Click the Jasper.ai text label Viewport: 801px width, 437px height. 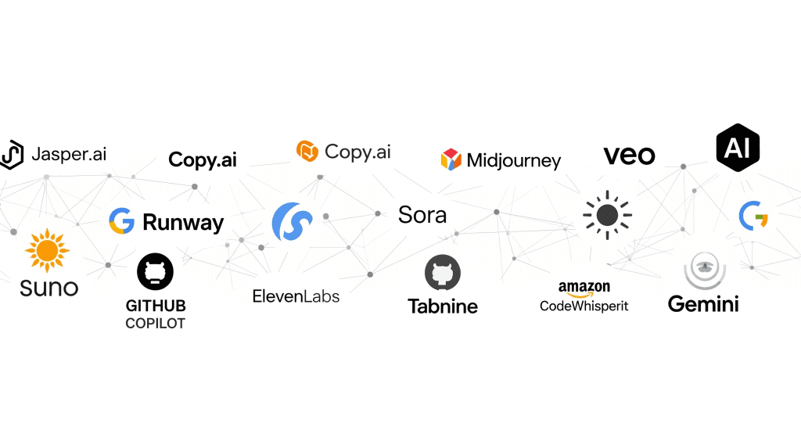(x=69, y=153)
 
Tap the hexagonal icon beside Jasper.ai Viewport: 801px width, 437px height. (x=12, y=155)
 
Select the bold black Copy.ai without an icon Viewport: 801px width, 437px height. (x=203, y=160)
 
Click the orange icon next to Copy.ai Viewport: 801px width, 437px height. (x=307, y=151)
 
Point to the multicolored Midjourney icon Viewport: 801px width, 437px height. (x=451, y=159)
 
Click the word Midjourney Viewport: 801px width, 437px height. (x=514, y=161)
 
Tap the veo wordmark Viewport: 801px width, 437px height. (x=629, y=156)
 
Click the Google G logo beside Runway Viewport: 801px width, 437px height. (x=121, y=221)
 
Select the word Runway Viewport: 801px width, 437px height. (x=183, y=223)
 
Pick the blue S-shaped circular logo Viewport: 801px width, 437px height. (x=292, y=221)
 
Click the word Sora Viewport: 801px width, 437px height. (x=422, y=215)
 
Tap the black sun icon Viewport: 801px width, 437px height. (x=607, y=214)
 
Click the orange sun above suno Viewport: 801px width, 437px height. (x=47, y=250)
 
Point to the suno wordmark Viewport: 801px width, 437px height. (x=49, y=287)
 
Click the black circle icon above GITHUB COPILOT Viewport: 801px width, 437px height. (x=155, y=272)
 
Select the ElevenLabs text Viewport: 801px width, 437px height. (x=296, y=296)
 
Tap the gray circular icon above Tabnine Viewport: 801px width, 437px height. (x=443, y=274)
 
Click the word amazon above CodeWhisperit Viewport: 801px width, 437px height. (x=584, y=288)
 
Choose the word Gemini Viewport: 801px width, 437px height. (x=703, y=303)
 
